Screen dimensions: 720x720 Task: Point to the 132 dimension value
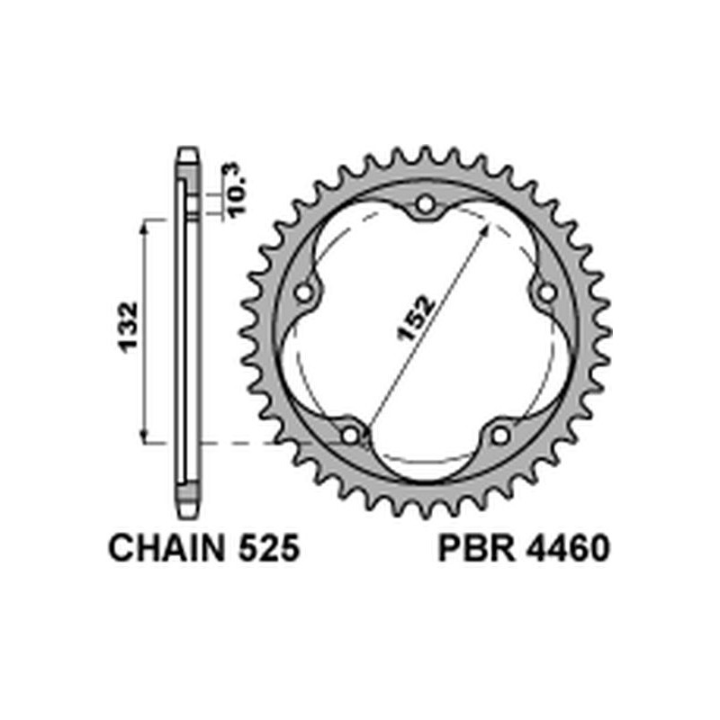[128, 328]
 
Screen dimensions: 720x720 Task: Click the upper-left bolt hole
[306, 292]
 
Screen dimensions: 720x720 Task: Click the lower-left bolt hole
[352, 435]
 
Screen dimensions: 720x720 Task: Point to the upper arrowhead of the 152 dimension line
[487, 230]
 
